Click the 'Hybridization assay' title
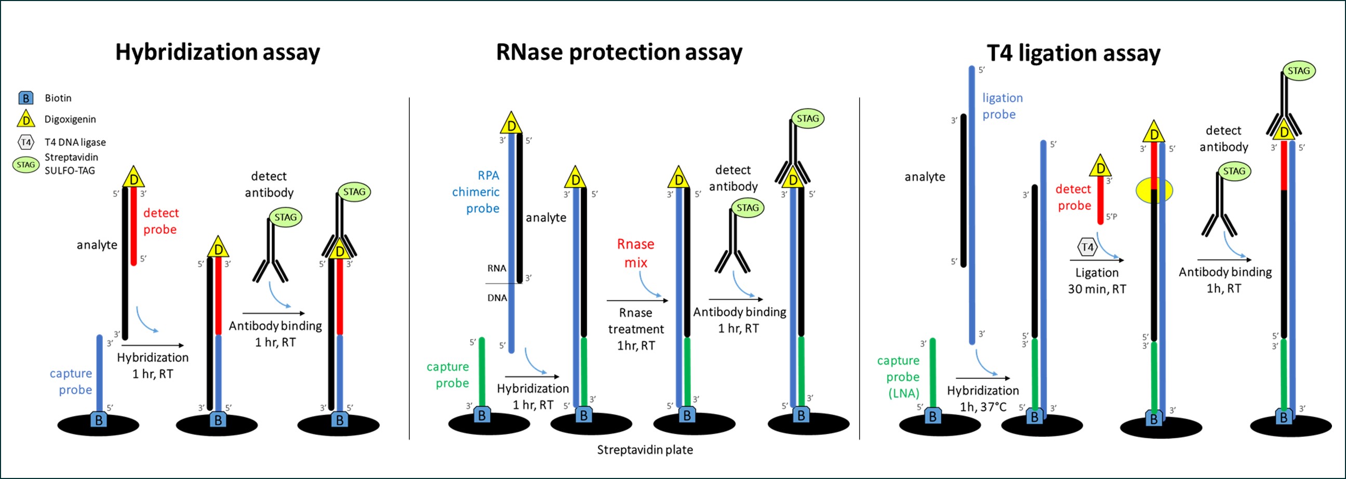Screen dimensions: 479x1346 [x=217, y=53]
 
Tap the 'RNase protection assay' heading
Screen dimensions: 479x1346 [x=619, y=53]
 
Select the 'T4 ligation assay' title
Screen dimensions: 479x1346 [x=1073, y=54]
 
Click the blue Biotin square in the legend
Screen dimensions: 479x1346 [x=25, y=98]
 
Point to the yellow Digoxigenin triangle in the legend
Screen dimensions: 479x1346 [x=25, y=119]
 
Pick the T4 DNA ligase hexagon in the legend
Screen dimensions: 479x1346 [x=25, y=142]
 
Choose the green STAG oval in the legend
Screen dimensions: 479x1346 [x=25, y=165]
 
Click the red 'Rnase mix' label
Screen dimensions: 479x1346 [x=635, y=254]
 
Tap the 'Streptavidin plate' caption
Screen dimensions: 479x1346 [x=645, y=450]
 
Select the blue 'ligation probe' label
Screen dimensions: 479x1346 [x=1002, y=106]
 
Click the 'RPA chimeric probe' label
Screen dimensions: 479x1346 [x=476, y=192]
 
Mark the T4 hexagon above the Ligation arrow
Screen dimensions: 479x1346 [x=1087, y=247]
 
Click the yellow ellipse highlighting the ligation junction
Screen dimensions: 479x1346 [x=1154, y=191]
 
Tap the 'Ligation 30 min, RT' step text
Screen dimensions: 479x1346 [x=1097, y=281]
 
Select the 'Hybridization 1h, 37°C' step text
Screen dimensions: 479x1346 [x=982, y=398]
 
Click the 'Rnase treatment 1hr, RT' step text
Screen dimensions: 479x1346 [x=635, y=329]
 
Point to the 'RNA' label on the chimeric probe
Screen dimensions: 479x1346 [x=497, y=269]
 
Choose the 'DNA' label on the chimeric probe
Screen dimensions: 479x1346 [x=497, y=298]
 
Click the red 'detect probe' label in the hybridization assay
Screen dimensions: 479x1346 [x=161, y=221]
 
